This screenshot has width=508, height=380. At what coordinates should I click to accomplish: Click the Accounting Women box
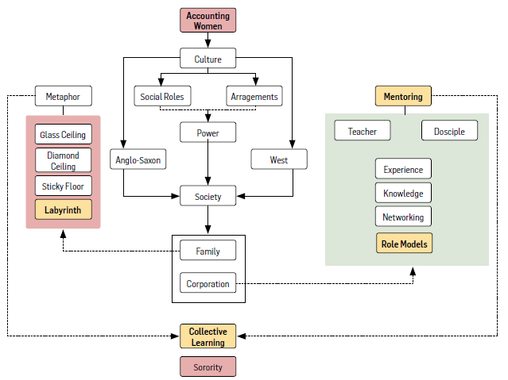(208, 21)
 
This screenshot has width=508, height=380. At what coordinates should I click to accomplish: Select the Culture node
(208, 59)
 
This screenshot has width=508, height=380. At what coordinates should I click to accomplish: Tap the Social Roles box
(161, 97)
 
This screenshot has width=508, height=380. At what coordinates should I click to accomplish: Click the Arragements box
(254, 97)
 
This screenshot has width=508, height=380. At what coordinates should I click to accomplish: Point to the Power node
(208, 133)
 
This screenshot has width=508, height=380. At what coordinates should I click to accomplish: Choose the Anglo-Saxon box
(138, 160)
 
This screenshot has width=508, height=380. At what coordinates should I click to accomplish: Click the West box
(278, 160)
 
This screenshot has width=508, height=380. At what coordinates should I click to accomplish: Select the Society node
(208, 196)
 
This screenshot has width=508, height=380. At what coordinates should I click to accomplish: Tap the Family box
(208, 251)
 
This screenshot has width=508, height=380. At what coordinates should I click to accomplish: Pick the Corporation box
(208, 283)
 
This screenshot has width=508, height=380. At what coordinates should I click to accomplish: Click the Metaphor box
(64, 98)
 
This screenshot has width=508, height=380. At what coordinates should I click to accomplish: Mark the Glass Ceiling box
(64, 135)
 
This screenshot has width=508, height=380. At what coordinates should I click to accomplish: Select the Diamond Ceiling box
(64, 160)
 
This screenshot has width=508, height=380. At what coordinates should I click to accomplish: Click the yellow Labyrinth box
(64, 209)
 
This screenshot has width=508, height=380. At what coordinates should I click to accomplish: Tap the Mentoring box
(403, 97)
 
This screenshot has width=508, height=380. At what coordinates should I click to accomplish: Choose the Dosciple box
(449, 131)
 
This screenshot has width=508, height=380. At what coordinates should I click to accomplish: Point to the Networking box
(403, 217)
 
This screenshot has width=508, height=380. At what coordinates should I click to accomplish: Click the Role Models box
(403, 244)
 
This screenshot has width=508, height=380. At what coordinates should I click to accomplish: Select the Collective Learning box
(208, 336)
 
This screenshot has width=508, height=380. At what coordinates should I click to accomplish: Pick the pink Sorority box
(208, 367)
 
